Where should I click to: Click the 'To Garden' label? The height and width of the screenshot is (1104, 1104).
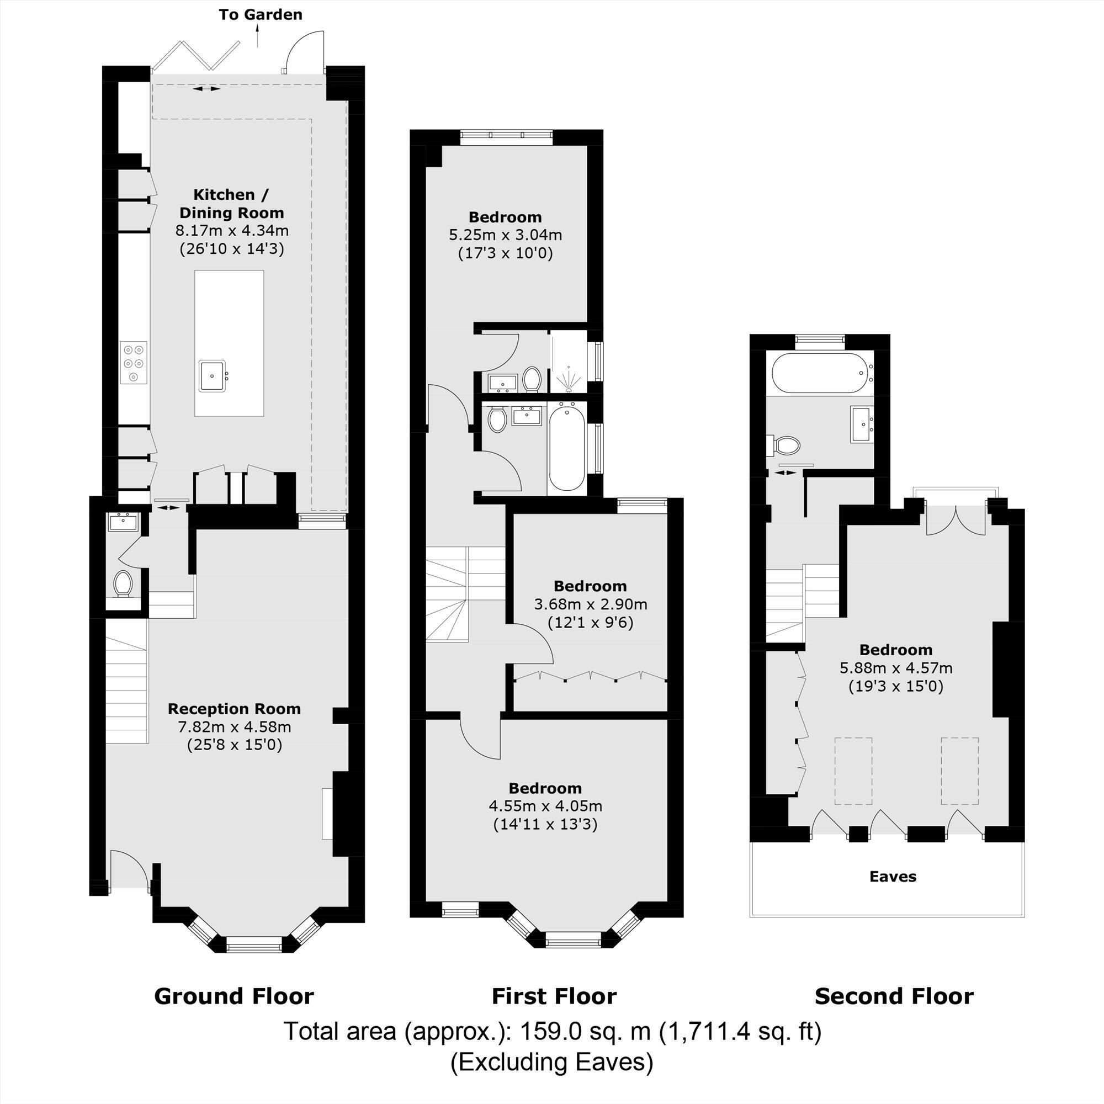tap(261, 15)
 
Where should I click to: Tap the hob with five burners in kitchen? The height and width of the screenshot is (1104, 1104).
tap(133, 363)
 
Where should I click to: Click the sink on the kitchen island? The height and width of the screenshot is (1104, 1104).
tap(213, 375)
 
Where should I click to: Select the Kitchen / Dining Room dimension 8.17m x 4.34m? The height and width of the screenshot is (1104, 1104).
tap(231, 231)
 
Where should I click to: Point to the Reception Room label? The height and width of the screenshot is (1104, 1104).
tap(233, 709)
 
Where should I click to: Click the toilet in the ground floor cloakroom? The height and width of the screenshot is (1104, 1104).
tap(123, 583)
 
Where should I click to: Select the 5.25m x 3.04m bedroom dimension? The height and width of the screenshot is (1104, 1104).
tap(505, 235)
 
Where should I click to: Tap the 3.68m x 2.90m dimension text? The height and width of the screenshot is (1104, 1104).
tap(590, 604)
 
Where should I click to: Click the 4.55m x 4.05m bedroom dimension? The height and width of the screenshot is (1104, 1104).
tap(545, 806)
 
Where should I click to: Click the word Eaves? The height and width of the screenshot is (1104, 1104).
tap(893, 877)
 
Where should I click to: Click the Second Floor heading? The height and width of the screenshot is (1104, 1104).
tap(894, 996)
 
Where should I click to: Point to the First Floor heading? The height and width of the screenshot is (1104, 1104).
tap(554, 996)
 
